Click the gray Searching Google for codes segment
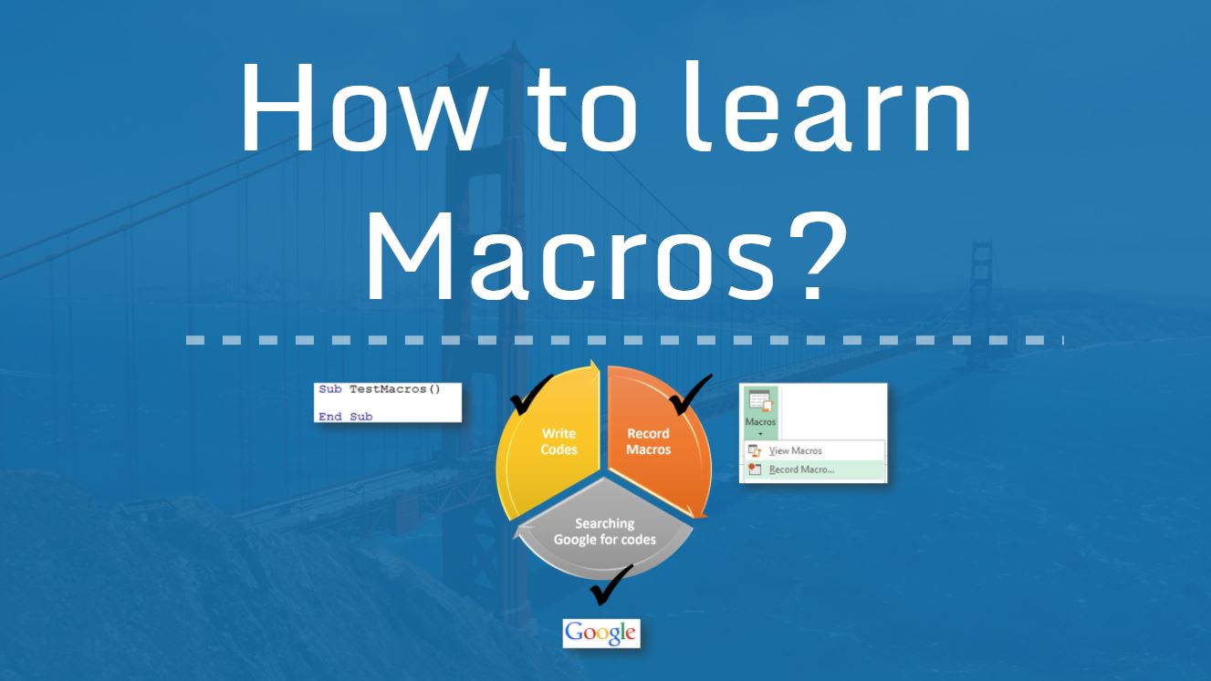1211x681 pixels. pos(604,533)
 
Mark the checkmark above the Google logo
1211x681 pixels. pos(610,584)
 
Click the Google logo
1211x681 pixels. pos(600,633)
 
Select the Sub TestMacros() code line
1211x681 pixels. pos(380,389)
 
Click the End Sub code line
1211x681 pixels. pos(346,417)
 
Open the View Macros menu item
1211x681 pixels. pos(795,450)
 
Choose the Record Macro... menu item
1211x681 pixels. pos(801,469)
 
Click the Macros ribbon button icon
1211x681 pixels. pos(759,401)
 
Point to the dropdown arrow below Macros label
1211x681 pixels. pos(760,433)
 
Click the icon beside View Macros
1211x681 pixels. pos(755,450)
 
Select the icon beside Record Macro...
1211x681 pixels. pos(755,469)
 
